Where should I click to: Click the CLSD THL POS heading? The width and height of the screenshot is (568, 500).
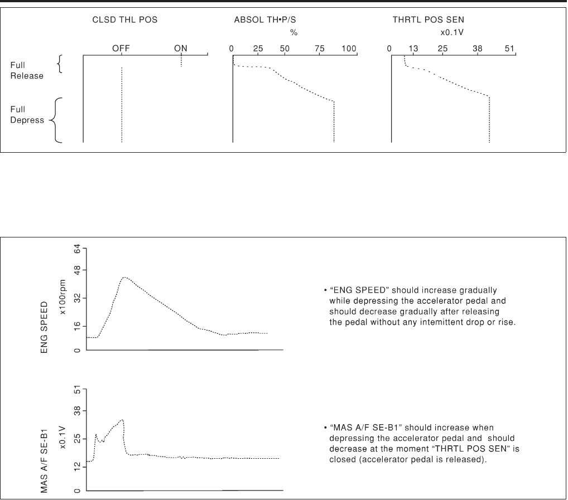[x=125, y=20]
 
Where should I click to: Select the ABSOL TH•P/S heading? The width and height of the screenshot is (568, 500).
[x=265, y=20]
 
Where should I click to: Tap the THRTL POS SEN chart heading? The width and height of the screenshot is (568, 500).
[x=428, y=20]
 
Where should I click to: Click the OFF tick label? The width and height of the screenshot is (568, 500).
[x=121, y=48]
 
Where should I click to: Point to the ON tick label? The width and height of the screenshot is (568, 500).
[x=181, y=48]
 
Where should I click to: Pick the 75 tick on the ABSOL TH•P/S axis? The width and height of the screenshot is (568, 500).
[x=320, y=48]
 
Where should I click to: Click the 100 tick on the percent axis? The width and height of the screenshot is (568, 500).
[x=349, y=48]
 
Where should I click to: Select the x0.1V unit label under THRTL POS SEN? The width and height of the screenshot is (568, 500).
[x=452, y=32]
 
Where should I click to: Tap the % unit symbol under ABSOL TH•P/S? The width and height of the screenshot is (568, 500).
[x=294, y=33]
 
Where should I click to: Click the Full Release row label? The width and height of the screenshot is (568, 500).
[x=27, y=71]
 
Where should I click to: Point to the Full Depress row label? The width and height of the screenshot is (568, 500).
[x=27, y=115]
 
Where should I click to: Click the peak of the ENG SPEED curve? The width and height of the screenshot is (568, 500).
[x=124, y=278]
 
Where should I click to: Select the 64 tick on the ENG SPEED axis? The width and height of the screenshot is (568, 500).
[x=77, y=249]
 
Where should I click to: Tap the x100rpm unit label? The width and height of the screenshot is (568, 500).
[x=62, y=297]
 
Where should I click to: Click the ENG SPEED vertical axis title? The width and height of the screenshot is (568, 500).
[x=44, y=327]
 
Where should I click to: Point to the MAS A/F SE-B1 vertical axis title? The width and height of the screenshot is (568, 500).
[x=44, y=460]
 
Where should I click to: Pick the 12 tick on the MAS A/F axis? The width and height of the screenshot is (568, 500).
[x=77, y=467]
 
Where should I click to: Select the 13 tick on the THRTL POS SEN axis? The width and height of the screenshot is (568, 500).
[x=413, y=48]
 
